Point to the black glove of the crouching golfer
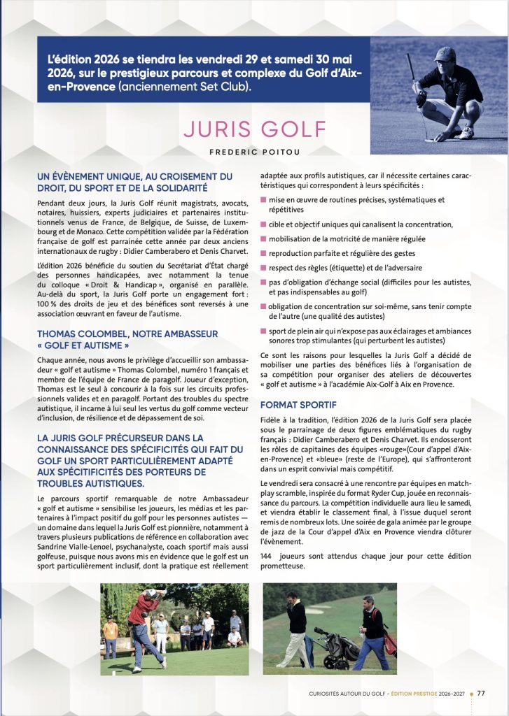coord(421,98)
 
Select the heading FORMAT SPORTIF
coord(298,405)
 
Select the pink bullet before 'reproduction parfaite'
coord(263,252)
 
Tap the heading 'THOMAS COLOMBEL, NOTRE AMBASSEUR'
coord(127,334)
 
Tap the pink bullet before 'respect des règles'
coord(263,267)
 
